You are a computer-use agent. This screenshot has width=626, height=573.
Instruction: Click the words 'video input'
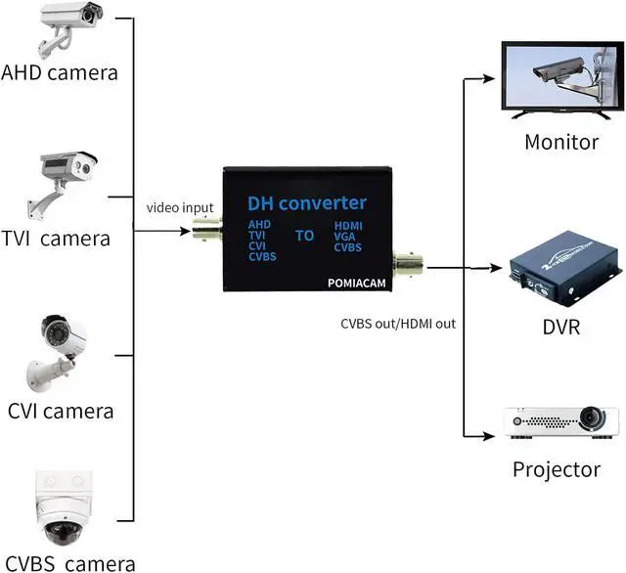point(180,207)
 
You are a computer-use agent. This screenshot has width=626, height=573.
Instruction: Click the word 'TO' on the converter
point(305,236)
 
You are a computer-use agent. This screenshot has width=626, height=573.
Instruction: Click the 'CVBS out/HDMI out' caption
point(398,323)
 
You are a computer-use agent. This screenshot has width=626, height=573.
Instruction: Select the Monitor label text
point(561,142)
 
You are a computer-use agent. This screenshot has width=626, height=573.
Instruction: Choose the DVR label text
point(560,327)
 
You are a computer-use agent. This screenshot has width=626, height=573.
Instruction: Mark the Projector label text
point(557,470)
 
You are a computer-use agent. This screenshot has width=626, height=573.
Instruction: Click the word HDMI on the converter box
point(349,225)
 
